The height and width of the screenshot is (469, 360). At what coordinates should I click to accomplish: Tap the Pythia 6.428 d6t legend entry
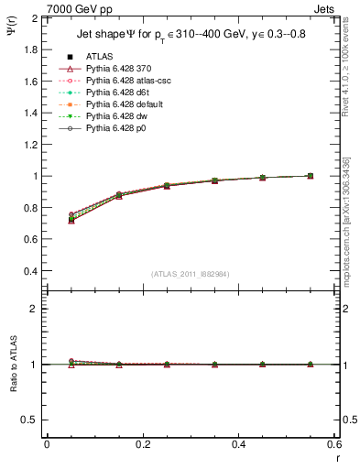115,93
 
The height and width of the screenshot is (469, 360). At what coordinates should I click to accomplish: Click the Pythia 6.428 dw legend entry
115,116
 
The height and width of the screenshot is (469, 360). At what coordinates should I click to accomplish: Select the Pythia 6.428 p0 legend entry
115,128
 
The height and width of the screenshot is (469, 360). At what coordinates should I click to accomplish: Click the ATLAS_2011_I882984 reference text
191,273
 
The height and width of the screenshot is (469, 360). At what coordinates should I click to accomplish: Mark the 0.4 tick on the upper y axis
31,271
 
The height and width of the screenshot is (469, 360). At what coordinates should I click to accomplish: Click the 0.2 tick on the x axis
143,444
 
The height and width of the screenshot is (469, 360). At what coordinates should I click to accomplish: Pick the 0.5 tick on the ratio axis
31,420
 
